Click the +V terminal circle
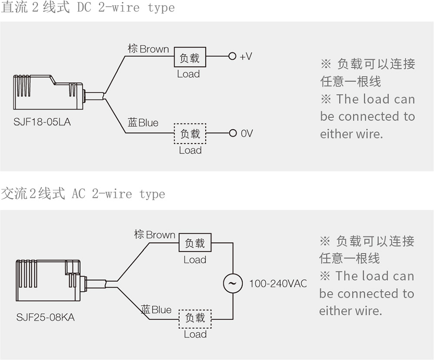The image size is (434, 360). (232, 56)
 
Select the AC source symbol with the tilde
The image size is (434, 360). (233, 283)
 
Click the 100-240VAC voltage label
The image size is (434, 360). (278, 284)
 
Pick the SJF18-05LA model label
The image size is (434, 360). (42, 122)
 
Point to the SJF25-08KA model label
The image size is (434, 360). (46, 317)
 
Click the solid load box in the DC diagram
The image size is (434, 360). (190, 57)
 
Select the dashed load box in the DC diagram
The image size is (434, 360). (190, 134)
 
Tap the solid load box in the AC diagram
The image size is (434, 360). (195, 243)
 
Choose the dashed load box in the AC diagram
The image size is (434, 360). (195, 318)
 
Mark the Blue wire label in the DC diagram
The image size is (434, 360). (143, 123)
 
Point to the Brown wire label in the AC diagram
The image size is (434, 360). (155, 235)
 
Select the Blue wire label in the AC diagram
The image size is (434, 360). (157, 310)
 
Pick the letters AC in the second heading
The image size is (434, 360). (79, 193)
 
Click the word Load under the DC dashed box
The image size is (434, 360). (190, 151)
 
